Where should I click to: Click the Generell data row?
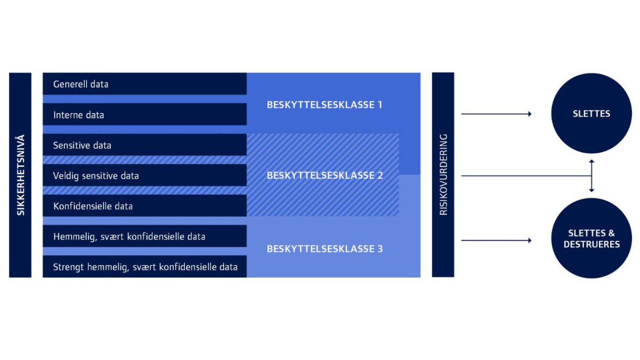pyautogui.click(x=144, y=84)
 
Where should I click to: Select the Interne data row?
pyautogui.click(x=144, y=115)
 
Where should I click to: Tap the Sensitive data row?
pyautogui.click(x=144, y=145)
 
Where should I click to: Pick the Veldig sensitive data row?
pyautogui.click(x=144, y=176)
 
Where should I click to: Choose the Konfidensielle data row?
pyautogui.click(x=144, y=206)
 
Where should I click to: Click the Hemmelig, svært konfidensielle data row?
pyautogui.click(x=144, y=237)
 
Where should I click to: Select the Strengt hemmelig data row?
pyautogui.click(x=144, y=267)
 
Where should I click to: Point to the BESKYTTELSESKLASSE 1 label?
pyautogui.click(x=324, y=105)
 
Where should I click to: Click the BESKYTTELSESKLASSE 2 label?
pyautogui.click(x=325, y=176)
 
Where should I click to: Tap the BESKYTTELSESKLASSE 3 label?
pyautogui.click(x=325, y=249)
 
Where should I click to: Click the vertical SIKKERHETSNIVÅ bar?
pyautogui.click(x=20, y=175)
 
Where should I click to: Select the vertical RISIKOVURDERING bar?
pyautogui.click(x=443, y=175)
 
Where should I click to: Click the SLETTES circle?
pyautogui.click(x=592, y=114)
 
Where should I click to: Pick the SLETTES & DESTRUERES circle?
pyautogui.click(x=592, y=238)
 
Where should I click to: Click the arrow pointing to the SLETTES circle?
pyautogui.click(x=496, y=114)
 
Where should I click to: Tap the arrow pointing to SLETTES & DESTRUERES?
pyautogui.click(x=496, y=240)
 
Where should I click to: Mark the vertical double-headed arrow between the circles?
pyautogui.click(x=592, y=176)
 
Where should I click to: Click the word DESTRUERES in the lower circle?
pyautogui.click(x=592, y=245)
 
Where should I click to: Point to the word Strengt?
pyautogui.click(x=68, y=267)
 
